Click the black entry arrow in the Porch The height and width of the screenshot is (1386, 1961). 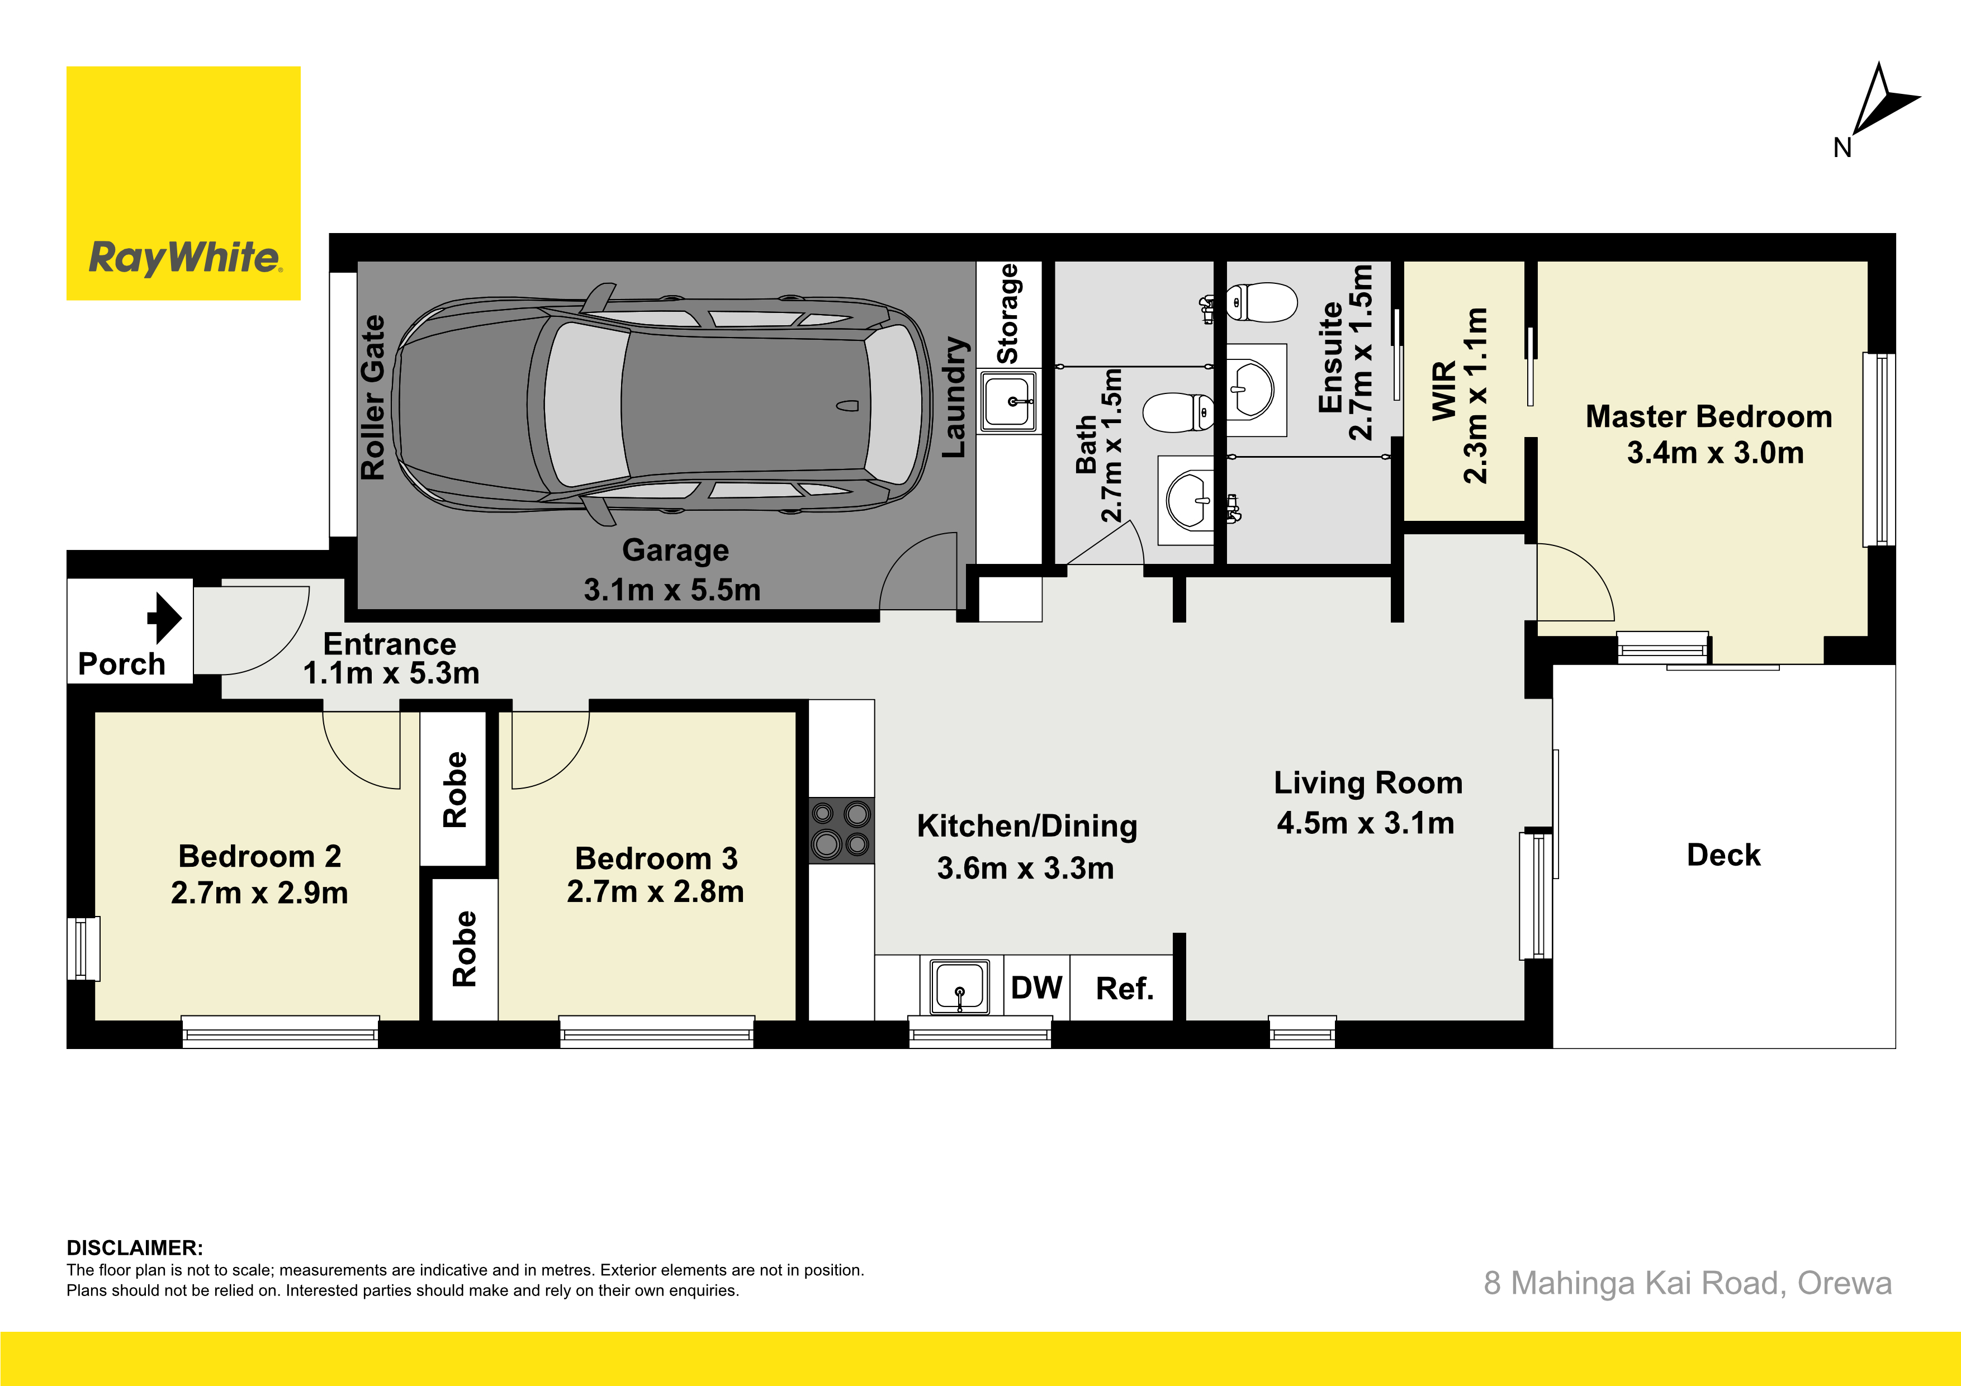point(165,618)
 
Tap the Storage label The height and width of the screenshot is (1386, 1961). point(1008,314)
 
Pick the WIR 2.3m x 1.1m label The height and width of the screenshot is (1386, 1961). point(1460,395)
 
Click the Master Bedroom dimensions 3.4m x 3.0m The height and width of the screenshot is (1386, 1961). point(1715,453)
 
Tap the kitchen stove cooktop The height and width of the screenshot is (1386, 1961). point(841,830)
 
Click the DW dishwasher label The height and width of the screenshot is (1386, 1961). point(1036,988)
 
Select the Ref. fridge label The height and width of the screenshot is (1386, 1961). point(1125,989)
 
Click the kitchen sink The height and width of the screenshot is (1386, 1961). point(959,986)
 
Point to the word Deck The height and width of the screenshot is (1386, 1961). point(1723,855)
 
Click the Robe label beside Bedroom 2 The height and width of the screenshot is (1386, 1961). point(454,790)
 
